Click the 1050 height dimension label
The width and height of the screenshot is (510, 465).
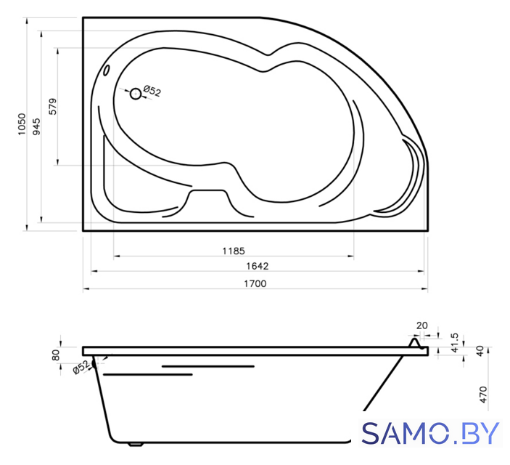22,124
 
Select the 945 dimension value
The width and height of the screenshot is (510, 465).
37,126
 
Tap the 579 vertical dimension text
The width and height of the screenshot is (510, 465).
53,107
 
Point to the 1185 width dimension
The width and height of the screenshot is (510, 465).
234,251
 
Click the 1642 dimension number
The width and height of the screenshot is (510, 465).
258,266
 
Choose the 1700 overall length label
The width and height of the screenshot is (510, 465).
255,283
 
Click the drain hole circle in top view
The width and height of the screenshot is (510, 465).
136,94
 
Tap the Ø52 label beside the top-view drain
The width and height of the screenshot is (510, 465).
152,91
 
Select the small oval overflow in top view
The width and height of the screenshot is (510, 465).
107,70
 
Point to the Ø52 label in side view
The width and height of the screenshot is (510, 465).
81,367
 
